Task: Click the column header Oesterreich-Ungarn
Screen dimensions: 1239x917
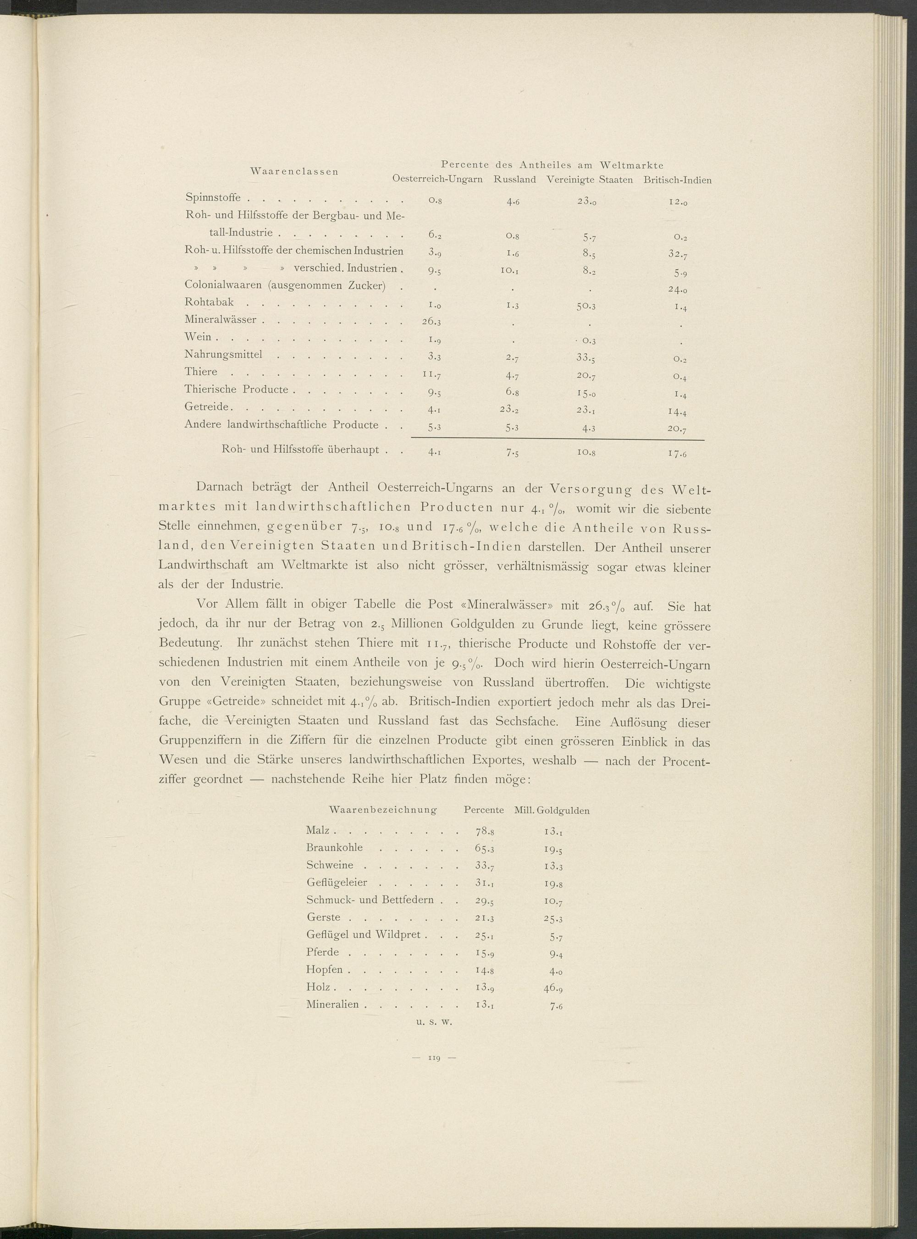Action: (437, 180)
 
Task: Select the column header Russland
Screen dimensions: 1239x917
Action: (514, 180)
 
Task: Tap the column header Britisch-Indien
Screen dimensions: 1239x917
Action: (677, 180)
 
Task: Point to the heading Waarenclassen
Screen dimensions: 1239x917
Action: (295, 171)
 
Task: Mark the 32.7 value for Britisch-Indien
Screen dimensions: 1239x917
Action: (678, 255)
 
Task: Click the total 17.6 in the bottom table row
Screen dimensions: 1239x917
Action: (678, 453)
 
